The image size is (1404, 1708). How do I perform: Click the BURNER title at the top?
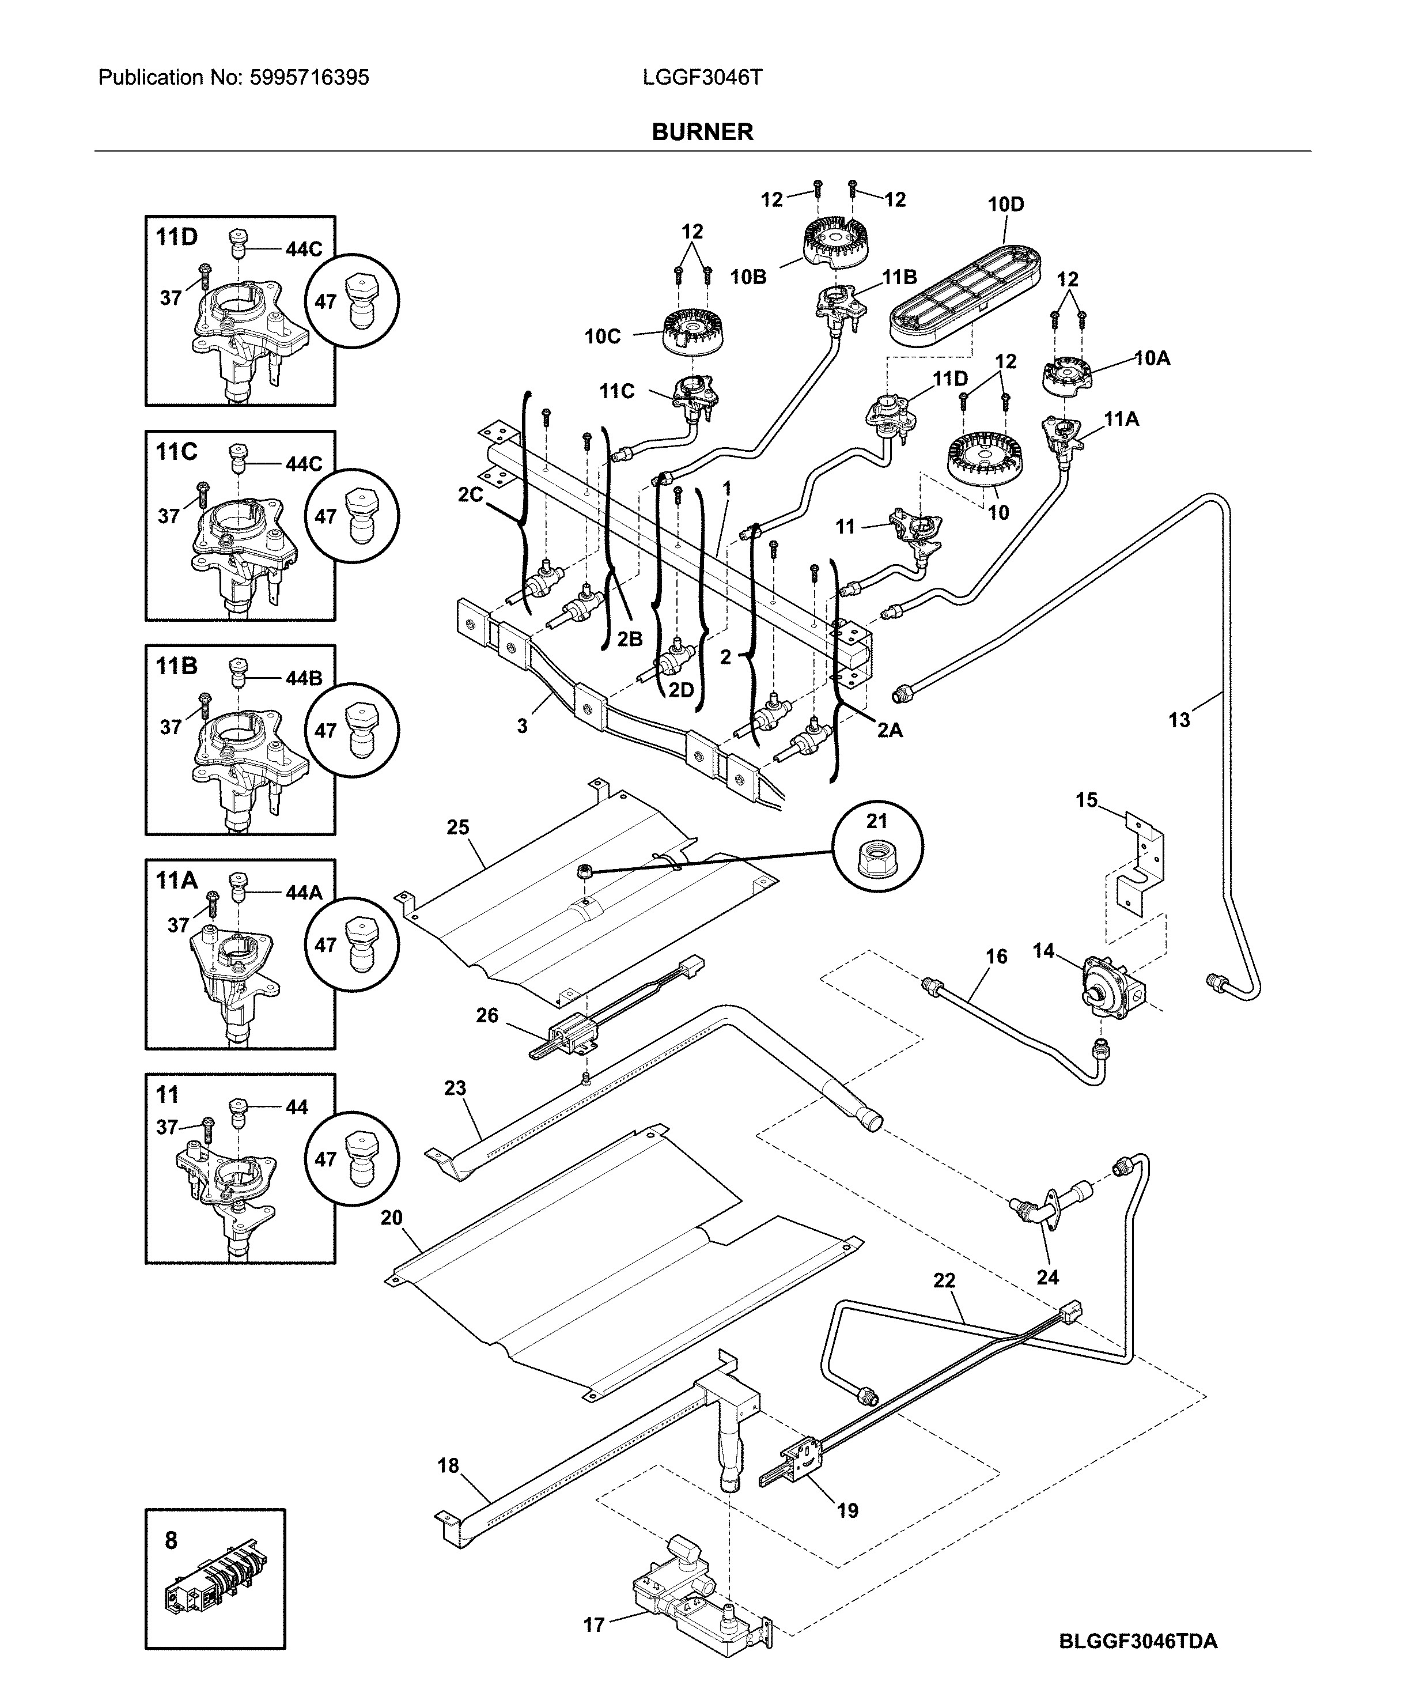702,132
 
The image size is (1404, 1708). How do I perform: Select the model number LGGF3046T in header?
702,78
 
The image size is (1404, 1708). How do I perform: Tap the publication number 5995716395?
308,78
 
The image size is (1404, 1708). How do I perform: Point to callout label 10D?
1005,205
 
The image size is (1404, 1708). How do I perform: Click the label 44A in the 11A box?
303,893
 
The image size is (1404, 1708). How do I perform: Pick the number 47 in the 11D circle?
325,301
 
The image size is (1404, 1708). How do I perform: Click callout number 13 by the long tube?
1179,720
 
